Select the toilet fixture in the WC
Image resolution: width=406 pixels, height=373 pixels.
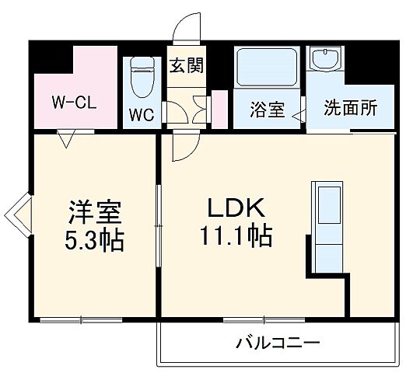pos(142,76)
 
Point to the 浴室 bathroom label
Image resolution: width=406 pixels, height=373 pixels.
pos(267,110)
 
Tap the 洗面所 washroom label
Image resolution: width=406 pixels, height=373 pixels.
pos(351,108)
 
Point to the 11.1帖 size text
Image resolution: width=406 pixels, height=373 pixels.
pos(236,235)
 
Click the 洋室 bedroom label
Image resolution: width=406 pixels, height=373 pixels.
pos(93,211)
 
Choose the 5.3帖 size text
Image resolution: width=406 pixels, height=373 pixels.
pos(93,239)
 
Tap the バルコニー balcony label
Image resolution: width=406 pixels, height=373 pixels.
pos(278,342)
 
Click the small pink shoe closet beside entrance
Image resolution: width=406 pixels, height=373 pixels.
pos(219,110)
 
